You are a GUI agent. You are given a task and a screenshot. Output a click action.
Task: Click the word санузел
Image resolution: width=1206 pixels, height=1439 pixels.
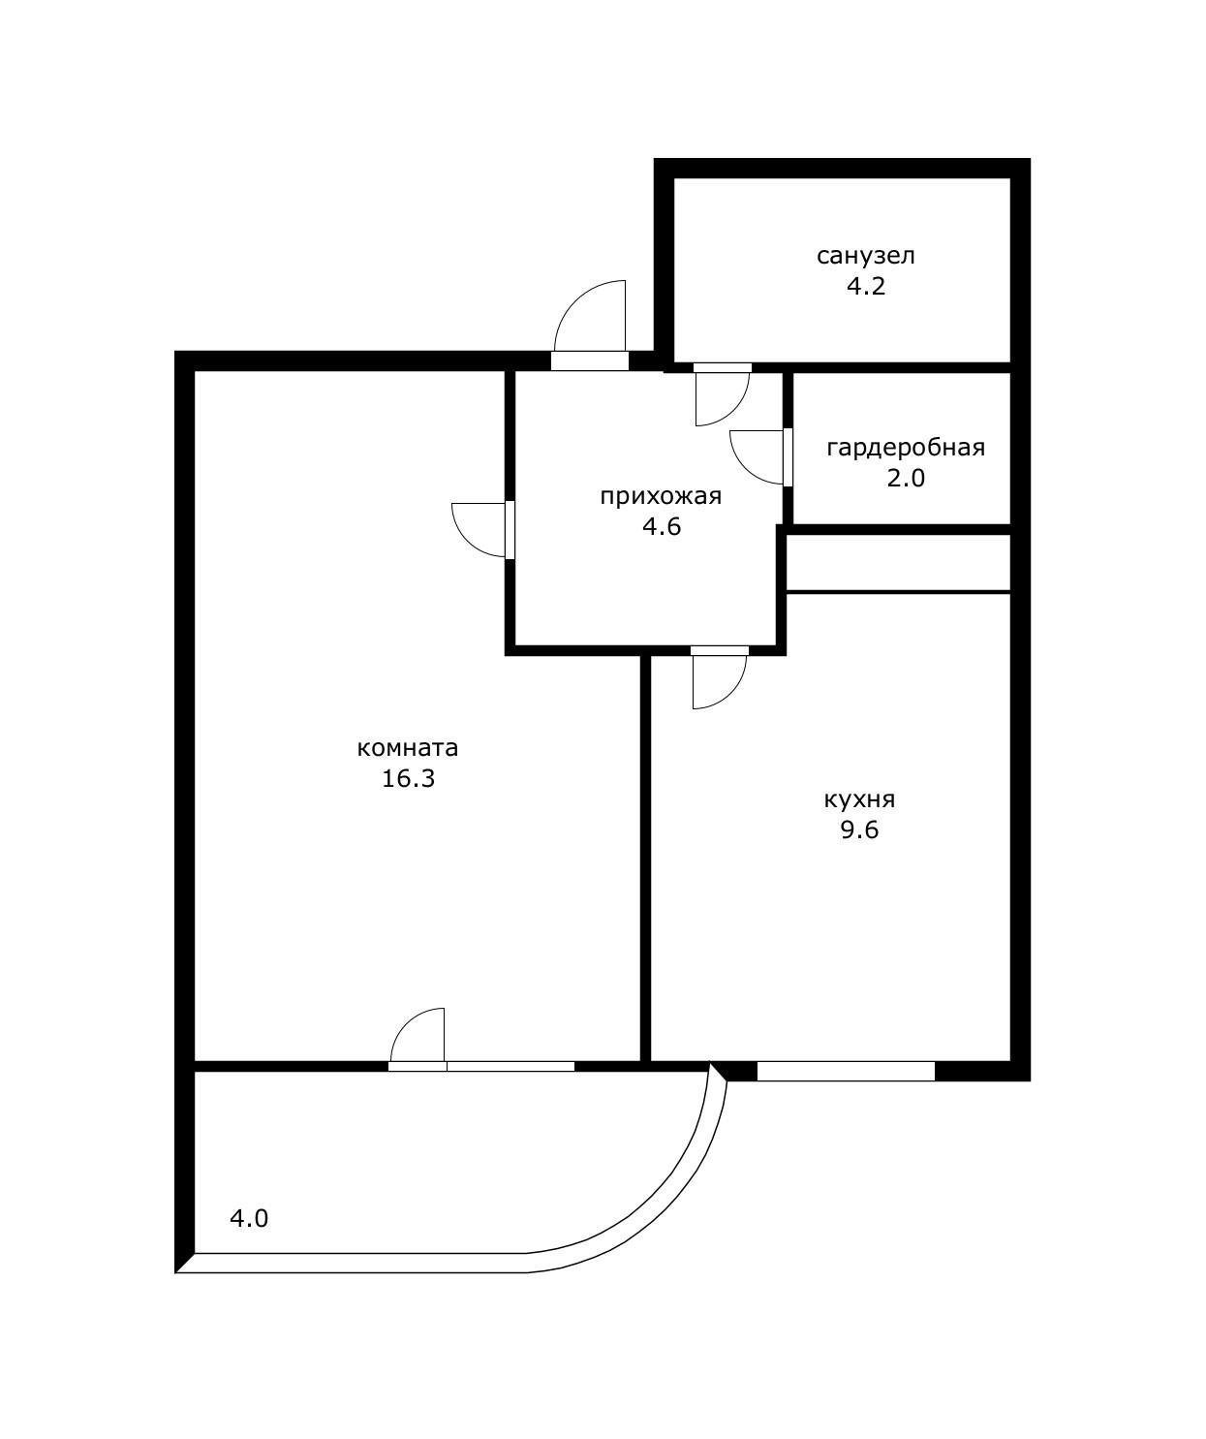pos(866,256)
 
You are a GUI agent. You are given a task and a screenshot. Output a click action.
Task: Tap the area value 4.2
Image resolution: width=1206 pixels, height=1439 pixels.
pos(866,287)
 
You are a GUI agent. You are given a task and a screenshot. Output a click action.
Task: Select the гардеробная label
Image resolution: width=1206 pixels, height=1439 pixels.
pos(906,448)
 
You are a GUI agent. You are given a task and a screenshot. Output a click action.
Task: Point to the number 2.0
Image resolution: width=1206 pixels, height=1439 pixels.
pos(906,478)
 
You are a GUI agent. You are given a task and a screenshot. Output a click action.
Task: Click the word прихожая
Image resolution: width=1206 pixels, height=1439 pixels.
pos(661,497)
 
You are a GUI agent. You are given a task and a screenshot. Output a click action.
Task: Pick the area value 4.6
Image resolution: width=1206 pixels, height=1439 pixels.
pos(661,527)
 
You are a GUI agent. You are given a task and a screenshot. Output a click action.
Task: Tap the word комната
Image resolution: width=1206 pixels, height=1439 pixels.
pos(408,748)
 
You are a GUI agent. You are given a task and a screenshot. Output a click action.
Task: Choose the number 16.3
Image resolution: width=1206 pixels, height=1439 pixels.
pos(408,778)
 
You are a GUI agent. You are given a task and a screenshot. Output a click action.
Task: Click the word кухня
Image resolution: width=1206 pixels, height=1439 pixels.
pos(859,799)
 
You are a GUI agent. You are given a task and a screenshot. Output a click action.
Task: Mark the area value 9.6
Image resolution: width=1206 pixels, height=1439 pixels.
pos(859,829)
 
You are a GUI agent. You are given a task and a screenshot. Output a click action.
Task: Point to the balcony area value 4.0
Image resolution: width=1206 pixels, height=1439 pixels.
pos(249,1218)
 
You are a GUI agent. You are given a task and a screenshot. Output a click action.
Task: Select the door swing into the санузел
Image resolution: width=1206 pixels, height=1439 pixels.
pos(721,397)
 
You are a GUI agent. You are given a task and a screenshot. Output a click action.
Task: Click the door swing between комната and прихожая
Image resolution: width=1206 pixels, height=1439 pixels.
pos(479,529)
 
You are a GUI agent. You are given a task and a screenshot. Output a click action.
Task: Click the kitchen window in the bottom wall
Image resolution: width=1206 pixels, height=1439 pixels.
pos(846,1071)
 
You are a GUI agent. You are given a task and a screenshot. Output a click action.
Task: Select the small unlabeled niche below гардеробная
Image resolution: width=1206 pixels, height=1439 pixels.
pos(898,562)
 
